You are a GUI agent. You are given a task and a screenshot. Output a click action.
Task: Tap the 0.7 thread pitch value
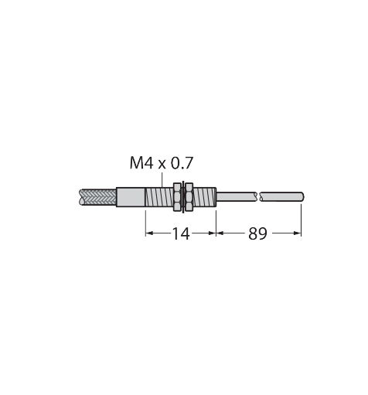click(182, 163)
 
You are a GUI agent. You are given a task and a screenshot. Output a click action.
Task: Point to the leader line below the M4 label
click(162, 179)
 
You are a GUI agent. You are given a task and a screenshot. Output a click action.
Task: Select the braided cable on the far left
click(97, 197)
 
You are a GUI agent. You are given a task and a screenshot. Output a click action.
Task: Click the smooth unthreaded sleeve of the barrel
click(131, 197)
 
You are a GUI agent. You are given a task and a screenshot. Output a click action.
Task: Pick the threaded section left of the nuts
click(159, 197)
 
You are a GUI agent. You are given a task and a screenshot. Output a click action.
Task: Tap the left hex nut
click(177, 197)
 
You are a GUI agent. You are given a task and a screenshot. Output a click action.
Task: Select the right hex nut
click(189, 197)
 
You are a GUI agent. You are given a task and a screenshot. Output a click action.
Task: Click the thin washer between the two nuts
click(183, 197)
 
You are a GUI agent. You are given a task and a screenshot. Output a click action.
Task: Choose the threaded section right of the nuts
click(204, 197)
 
